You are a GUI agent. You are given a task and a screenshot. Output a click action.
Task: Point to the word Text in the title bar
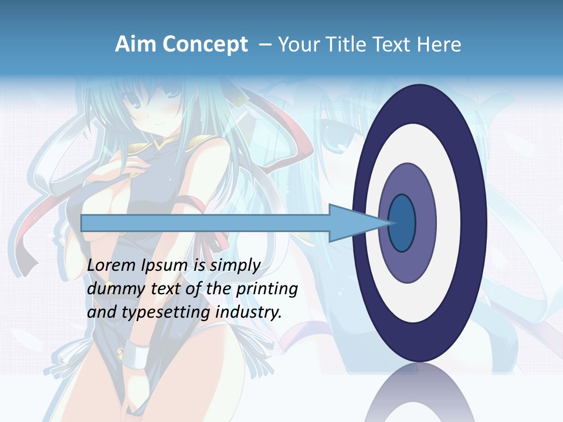click(392, 45)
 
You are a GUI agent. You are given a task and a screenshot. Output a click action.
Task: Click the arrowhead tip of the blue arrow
click(391, 223)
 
